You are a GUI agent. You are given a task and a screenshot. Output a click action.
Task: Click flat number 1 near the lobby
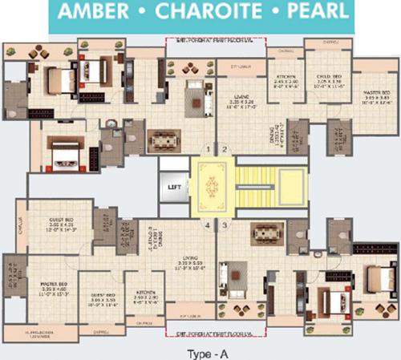coord(207,149)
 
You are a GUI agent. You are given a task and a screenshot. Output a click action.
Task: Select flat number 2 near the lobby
coord(225,149)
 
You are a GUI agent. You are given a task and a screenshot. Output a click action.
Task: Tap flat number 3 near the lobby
coord(225,225)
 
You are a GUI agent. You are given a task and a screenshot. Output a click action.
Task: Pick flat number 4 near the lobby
coord(207,225)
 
